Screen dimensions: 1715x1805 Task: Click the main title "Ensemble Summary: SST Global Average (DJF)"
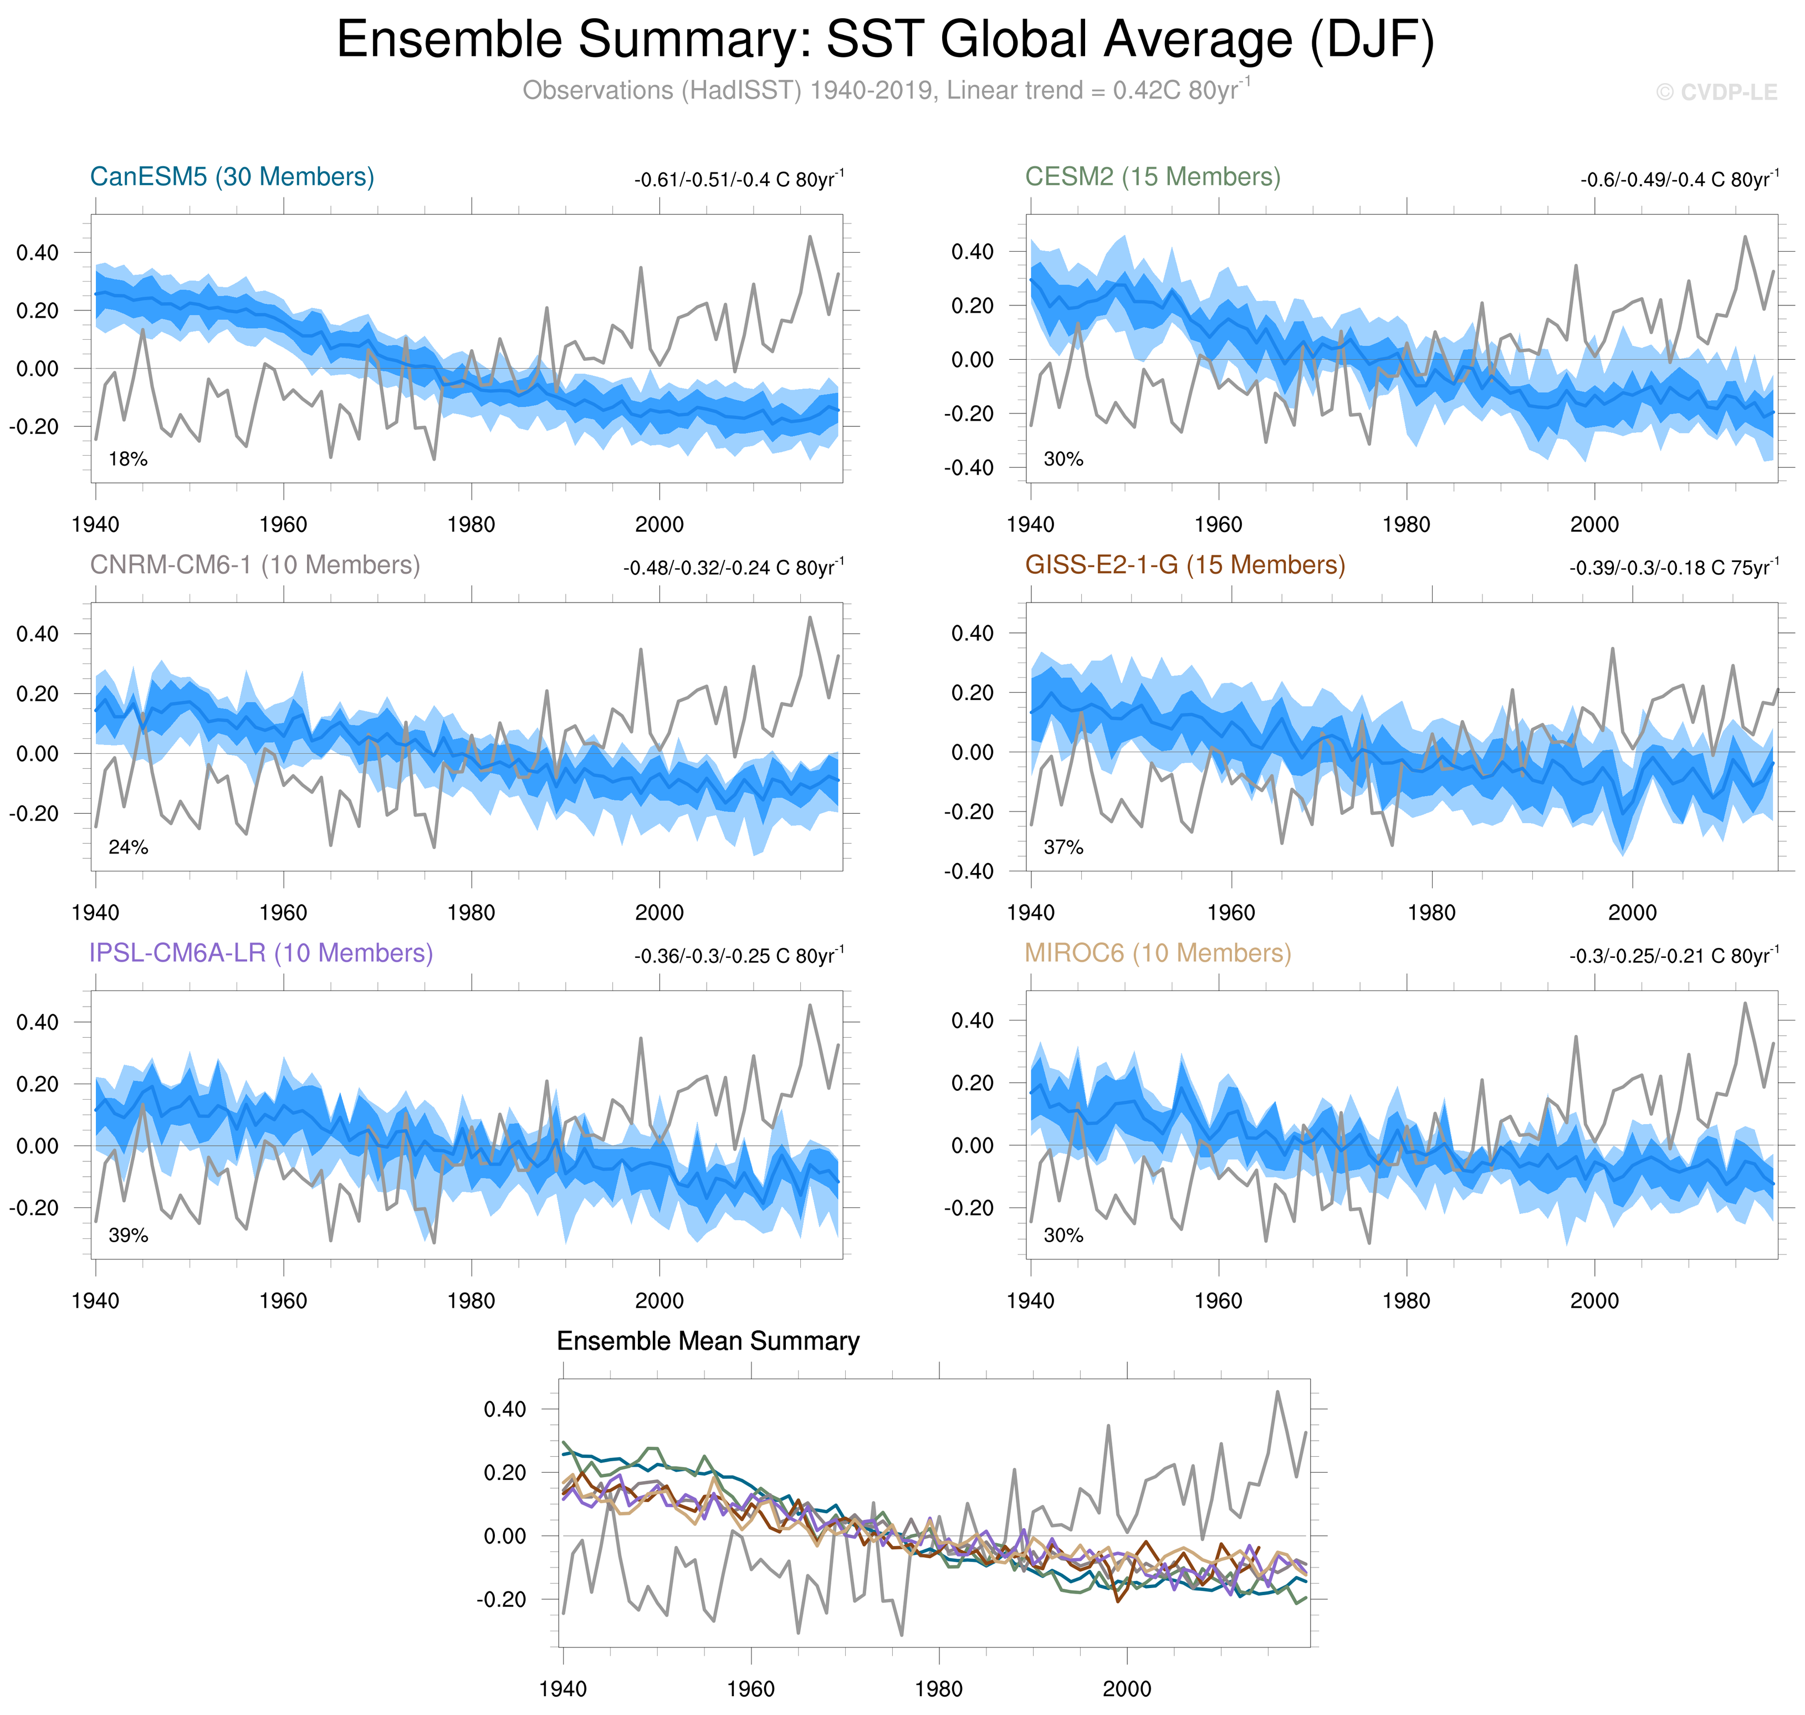click(884, 40)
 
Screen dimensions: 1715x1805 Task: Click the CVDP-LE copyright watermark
click(1716, 93)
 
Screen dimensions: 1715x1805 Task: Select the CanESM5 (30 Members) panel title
click(232, 176)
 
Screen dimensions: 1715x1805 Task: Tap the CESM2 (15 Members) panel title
click(1153, 176)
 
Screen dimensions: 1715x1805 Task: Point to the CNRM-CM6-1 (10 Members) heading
click(255, 565)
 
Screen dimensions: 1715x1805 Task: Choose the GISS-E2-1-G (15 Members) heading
click(1184, 565)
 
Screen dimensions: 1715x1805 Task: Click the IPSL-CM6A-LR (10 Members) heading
click(260, 953)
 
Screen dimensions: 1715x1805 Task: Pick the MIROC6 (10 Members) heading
click(1157, 953)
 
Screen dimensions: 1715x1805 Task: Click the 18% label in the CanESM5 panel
click(128, 459)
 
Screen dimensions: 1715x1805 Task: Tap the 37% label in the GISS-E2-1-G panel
click(1063, 848)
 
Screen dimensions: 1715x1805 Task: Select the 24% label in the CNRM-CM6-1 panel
click(128, 848)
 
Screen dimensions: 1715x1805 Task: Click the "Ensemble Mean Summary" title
click(708, 1341)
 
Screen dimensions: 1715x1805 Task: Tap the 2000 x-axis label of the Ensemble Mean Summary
click(1126, 1688)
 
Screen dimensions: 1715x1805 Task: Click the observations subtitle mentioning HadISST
click(884, 90)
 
